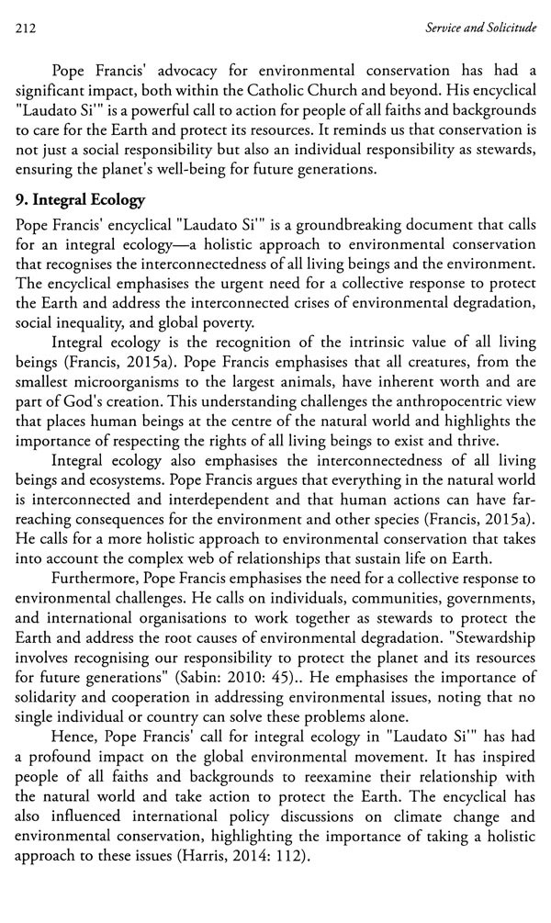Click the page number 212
click(x=26, y=28)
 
